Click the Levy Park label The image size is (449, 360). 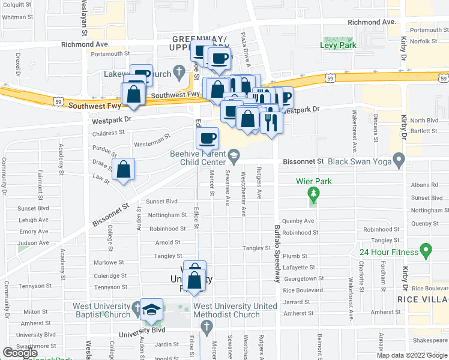click(338, 45)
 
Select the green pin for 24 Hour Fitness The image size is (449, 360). click(426, 248)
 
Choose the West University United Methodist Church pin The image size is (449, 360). click(206, 327)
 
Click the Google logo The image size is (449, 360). click(20, 353)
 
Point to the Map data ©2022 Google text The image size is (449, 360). click(411, 355)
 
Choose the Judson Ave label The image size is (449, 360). click(33, 243)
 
